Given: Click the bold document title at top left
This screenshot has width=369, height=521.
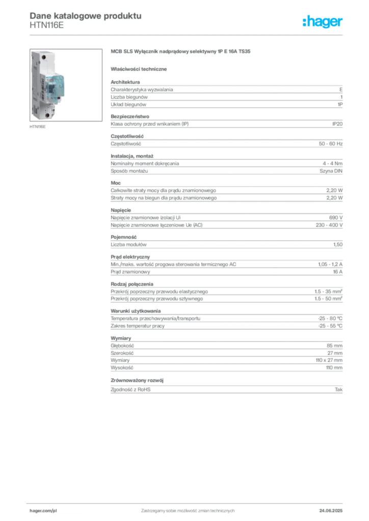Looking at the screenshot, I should point(84,15).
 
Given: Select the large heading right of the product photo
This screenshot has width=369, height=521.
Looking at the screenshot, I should point(181,52).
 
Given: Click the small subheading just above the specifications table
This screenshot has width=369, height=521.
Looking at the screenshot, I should point(140,68).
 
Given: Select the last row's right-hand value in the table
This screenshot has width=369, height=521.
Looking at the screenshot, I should point(340,389).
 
